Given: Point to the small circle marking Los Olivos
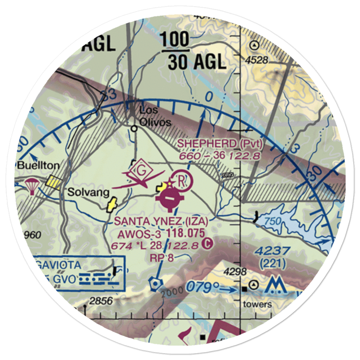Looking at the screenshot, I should (x=134, y=128).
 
